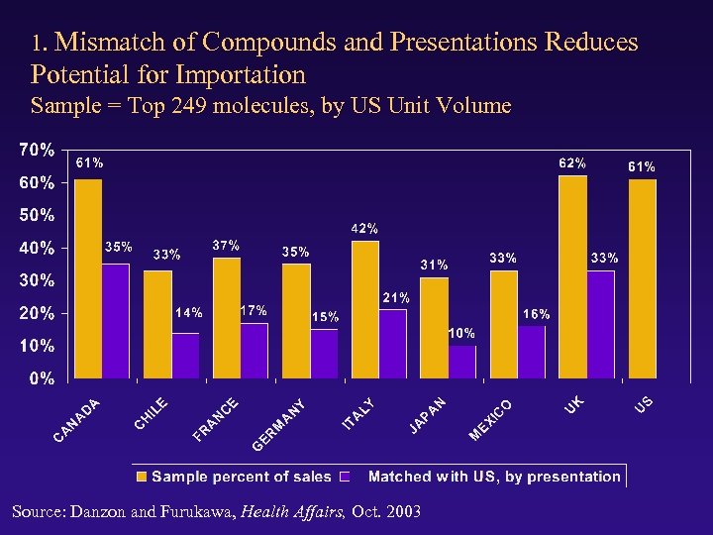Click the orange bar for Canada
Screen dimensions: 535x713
point(88,279)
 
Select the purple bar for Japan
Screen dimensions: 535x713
point(461,363)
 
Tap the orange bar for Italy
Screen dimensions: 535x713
point(365,310)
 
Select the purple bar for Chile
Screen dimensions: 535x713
point(185,356)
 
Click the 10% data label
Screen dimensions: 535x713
point(462,332)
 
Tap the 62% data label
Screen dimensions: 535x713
point(571,162)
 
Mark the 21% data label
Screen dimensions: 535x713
point(396,297)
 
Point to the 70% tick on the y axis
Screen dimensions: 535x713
point(37,151)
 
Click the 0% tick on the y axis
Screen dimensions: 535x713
point(41,378)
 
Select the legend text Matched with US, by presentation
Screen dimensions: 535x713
point(493,477)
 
